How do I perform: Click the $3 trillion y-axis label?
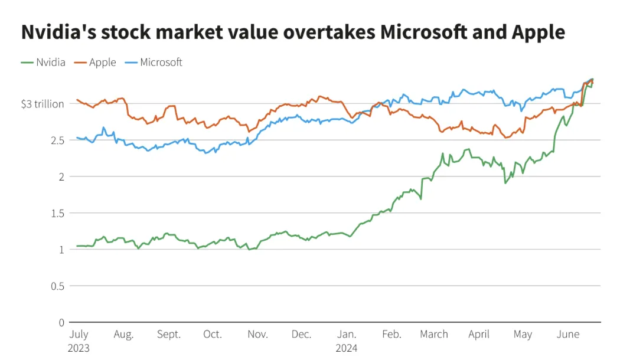(x=42, y=104)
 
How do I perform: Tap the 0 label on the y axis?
(x=61, y=322)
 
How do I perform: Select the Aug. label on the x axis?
(x=123, y=335)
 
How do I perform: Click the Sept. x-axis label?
(x=169, y=335)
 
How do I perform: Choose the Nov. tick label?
(x=257, y=335)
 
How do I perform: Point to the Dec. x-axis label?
(x=301, y=335)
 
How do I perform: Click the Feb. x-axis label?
(x=391, y=335)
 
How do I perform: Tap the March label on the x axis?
(x=434, y=335)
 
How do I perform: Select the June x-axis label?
(x=568, y=335)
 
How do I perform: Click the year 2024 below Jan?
(x=347, y=348)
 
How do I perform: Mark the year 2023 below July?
(x=79, y=348)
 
